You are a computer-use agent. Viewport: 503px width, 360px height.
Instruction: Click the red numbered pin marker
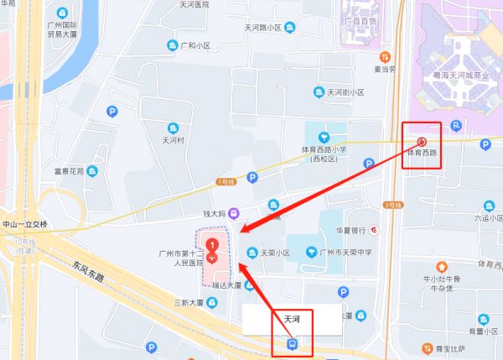click(213, 249)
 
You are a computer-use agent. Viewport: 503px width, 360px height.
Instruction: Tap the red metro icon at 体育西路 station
click(422, 142)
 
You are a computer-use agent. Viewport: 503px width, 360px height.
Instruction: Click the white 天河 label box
click(292, 319)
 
